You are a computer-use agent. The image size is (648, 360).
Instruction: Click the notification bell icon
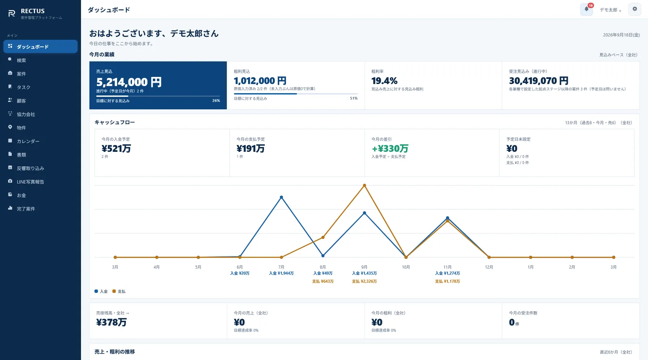(586, 9)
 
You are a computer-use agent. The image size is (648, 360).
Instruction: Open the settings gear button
(635, 9)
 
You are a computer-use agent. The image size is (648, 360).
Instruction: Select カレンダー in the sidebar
(28, 141)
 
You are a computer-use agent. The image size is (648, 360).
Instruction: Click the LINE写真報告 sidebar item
(30, 181)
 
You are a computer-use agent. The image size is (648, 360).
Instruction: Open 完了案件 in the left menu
(26, 209)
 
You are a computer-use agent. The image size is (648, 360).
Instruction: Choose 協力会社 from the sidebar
(26, 114)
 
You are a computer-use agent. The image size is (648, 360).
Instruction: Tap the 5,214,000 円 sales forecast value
(129, 82)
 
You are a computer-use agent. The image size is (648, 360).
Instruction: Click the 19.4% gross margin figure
(384, 81)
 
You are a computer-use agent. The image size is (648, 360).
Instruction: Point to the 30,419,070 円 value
(539, 81)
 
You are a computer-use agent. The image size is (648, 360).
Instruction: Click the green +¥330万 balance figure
(390, 148)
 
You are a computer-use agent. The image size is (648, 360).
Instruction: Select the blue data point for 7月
(281, 197)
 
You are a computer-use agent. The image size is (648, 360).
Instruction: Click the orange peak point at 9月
(364, 185)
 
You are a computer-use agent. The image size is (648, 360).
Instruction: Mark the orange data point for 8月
(323, 237)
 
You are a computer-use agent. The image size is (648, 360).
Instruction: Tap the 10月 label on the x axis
(406, 267)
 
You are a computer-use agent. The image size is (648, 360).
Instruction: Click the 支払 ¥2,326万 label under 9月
(364, 281)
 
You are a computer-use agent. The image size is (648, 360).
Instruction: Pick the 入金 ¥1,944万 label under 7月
(281, 273)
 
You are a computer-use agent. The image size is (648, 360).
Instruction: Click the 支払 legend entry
(119, 291)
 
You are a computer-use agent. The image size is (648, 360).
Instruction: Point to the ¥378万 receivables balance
(111, 322)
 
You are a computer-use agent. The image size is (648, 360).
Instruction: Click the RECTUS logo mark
(12, 13)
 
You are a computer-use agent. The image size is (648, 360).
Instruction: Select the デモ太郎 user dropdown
(610, 10)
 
